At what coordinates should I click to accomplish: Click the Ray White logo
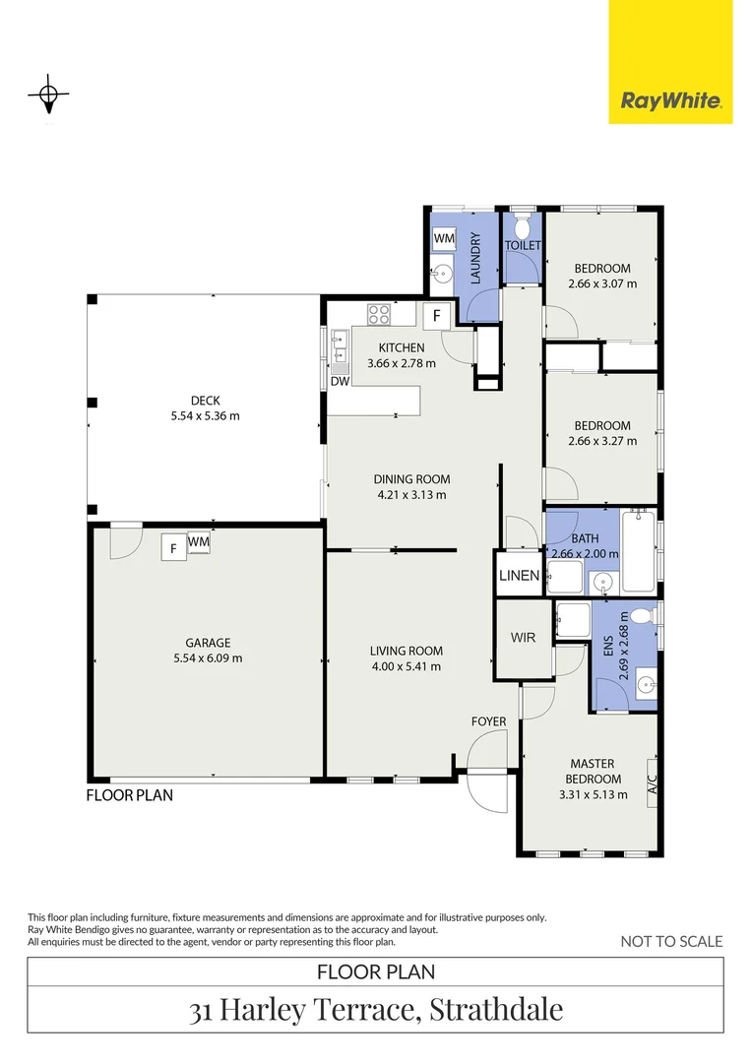coord(670,99)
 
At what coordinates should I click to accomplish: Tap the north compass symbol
coord(47,96)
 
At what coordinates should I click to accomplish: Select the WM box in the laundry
coord(443,238)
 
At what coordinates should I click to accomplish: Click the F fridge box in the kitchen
coord(437,316)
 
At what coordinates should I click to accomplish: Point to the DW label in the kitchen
coord(340,381)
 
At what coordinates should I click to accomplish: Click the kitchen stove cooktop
coord(379,314)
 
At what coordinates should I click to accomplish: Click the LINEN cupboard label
coord(519,576)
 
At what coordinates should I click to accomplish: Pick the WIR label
coord(523,638)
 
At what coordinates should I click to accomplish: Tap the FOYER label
coord(488,721)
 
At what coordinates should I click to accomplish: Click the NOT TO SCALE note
coord(671,941)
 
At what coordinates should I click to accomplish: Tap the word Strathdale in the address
coord(495,1010)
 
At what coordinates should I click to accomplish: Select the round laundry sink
coord(443,274)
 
